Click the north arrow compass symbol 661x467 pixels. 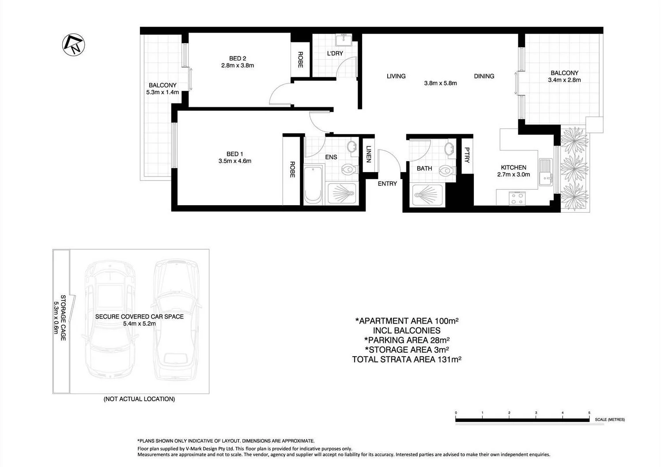tap(73, 45)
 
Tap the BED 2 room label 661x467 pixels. tap(237, 58)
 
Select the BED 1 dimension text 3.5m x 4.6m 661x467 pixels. tap(234, 161)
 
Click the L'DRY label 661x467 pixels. tap(335, 53)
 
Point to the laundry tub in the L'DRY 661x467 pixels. tap(343, 40)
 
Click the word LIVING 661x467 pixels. tap(396, 76)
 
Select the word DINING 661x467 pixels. tap(483, 76)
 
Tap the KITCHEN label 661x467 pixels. tap(513, 167)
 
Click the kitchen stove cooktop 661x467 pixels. tap(517, 198)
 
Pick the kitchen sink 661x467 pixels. tap(546, 172)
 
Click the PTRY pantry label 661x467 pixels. tap(467, 155)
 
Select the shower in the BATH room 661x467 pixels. tap(427, 195)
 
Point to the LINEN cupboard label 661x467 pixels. tap(368, 154)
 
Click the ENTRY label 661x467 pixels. tap(387, 184)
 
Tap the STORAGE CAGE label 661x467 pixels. tap(63, 317)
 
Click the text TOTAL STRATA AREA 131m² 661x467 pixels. tap(406, 359)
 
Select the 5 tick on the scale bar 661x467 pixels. tap(589, 413)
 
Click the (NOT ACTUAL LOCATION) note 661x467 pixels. tap(139, 399)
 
